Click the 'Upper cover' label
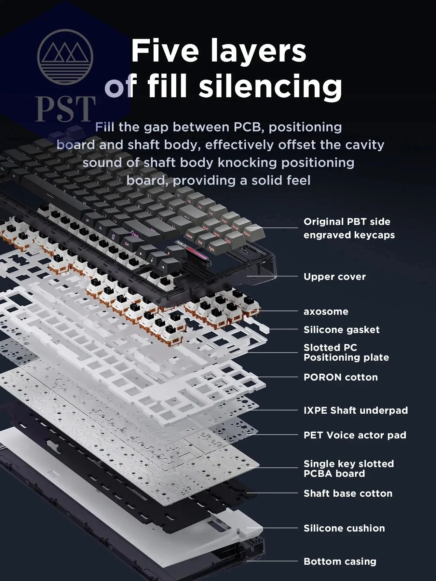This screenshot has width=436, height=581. pos(334,277)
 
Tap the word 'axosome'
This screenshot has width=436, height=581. pos(326,311)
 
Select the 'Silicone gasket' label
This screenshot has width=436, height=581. pos(341,330)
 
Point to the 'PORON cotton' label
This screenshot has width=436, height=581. pos(340,377)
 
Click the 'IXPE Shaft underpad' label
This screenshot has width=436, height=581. pos(355,410)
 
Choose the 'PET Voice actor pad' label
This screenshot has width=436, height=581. pos(355,435)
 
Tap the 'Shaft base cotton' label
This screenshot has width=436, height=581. pos(348,493)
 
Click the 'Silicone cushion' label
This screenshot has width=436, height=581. pos(344,528)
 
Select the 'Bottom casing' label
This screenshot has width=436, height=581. pos(340,561)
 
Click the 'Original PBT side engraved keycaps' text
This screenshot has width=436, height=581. pos(349,228)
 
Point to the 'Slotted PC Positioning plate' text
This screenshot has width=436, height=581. pos(346,353)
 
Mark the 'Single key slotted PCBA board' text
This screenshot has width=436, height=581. pos(348,469)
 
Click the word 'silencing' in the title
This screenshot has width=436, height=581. pos(270,85)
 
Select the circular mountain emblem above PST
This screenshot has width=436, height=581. pos(65,57)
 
